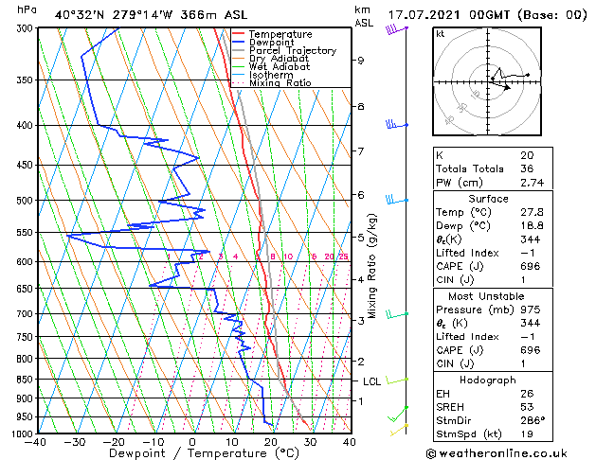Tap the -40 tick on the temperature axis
(36, 441)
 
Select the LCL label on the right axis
(371, 381)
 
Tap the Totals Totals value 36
(526, 168)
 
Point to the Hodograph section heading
(489, 379)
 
